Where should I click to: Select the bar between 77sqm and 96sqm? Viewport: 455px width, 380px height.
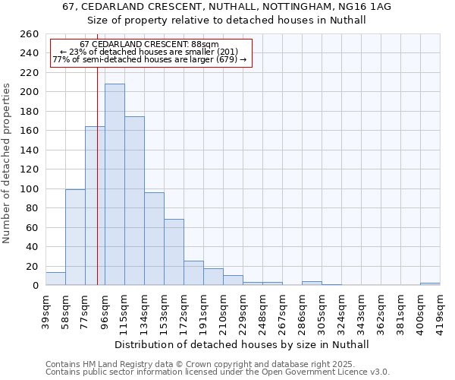95,206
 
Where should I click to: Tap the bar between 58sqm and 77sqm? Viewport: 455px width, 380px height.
75,237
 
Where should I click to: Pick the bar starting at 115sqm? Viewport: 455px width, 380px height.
134,201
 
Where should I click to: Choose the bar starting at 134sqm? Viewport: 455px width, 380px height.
154,239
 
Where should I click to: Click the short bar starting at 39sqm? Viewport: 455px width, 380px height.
55,279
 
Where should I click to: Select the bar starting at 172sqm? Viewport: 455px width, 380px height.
193,273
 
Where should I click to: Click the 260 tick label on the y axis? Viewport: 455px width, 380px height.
30,34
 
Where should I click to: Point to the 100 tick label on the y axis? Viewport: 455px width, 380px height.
30,188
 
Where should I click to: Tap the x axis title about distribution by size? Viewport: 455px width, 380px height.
243,344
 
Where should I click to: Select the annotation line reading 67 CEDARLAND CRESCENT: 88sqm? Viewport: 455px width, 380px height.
149,45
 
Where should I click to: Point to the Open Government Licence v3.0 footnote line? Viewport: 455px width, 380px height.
218,372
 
